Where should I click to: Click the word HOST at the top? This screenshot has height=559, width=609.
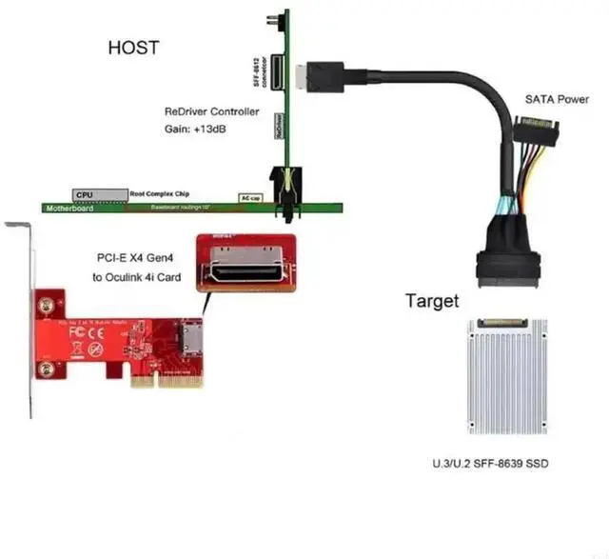[133, 48]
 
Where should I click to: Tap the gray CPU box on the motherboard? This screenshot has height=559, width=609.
[85, 193]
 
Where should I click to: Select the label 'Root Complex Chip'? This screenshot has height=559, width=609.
[158, 192]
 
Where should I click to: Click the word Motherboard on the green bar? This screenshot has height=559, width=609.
[69, 207]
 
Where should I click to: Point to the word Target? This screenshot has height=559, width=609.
[432, 302]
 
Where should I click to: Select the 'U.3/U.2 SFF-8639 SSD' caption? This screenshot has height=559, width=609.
[489, 465]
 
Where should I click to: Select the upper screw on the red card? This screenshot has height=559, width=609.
[44, 306]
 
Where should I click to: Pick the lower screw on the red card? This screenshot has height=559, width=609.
[44, 369]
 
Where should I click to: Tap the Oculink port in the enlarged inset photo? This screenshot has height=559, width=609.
[246, 272]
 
